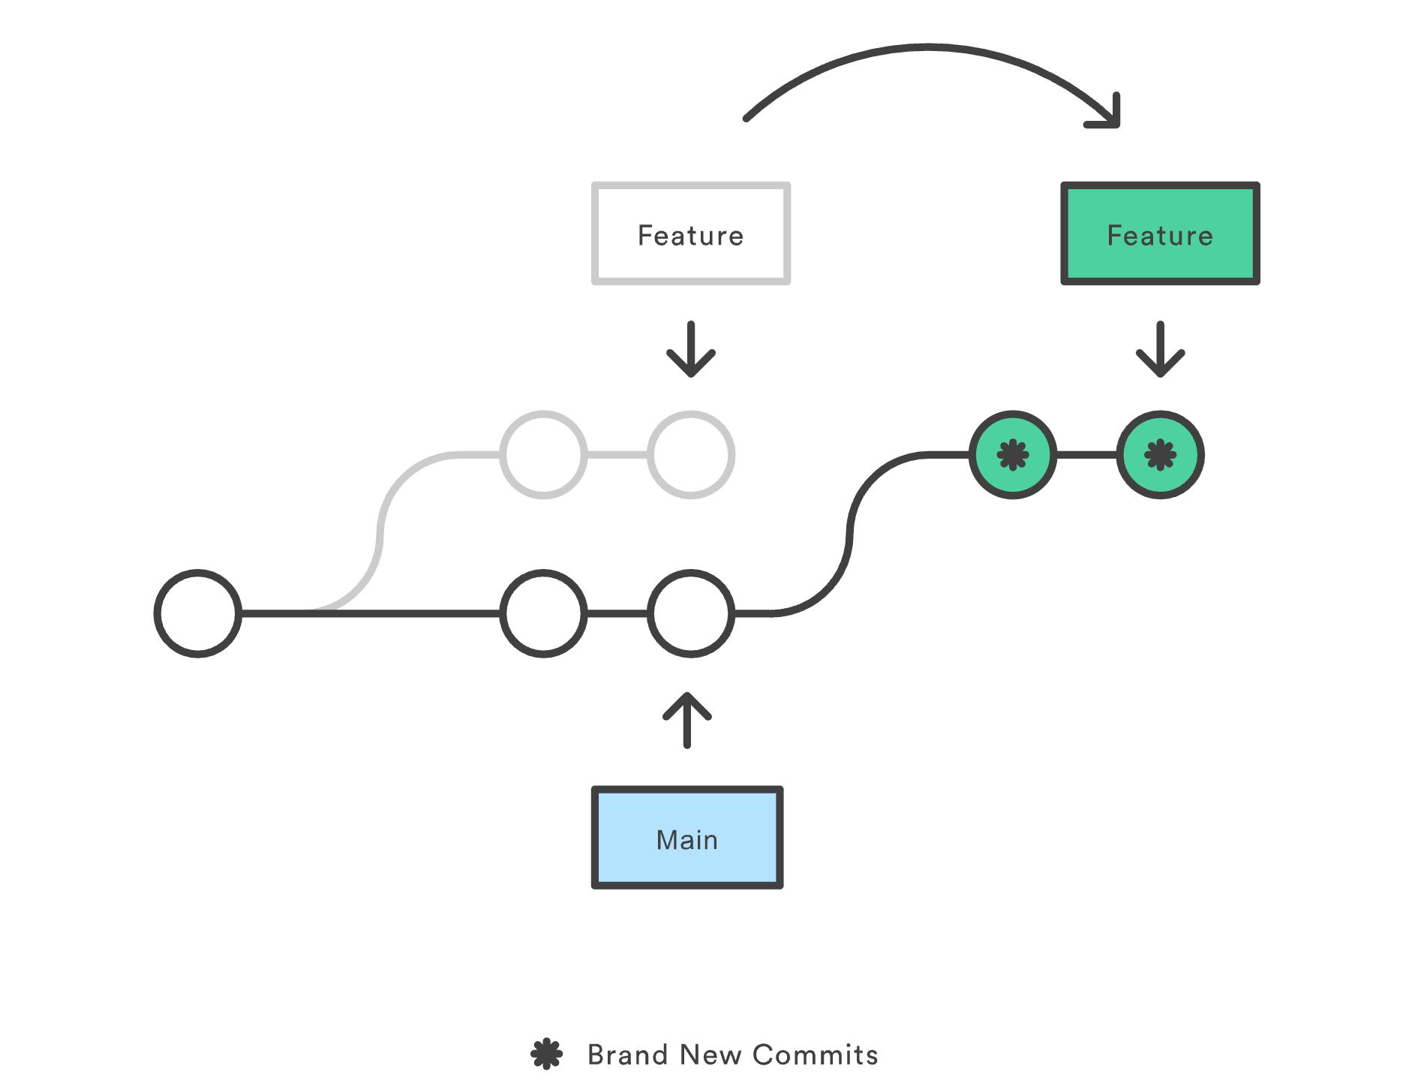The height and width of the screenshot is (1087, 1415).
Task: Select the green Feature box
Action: [x=1160, y=233]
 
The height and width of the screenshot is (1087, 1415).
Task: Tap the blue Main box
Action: [x=687, y=838]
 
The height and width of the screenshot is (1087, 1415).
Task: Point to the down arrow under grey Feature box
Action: [x=691, y=349]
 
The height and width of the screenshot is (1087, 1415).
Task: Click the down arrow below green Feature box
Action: [x=1160, y=349]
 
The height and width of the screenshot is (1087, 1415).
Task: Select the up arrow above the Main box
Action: [x=687, y=721]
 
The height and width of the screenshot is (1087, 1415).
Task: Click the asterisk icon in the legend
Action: [x=547, y=1054]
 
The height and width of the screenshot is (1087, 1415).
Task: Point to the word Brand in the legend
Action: [x=628, y=1055]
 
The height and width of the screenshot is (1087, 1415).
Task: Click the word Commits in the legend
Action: [x=816, y=1055]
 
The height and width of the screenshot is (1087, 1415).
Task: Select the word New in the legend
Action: [x=711, y=1055]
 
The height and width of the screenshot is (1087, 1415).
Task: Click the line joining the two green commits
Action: [x=1086, y=454]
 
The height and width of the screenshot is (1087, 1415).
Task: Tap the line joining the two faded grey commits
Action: [x=617, y=454]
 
